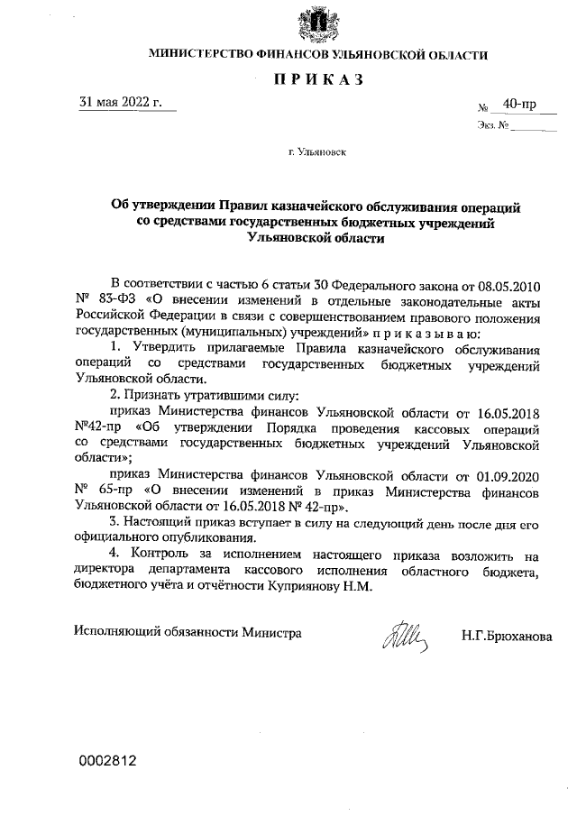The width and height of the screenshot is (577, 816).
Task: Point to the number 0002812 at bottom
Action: pyautogui.click(x=105, y=760)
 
